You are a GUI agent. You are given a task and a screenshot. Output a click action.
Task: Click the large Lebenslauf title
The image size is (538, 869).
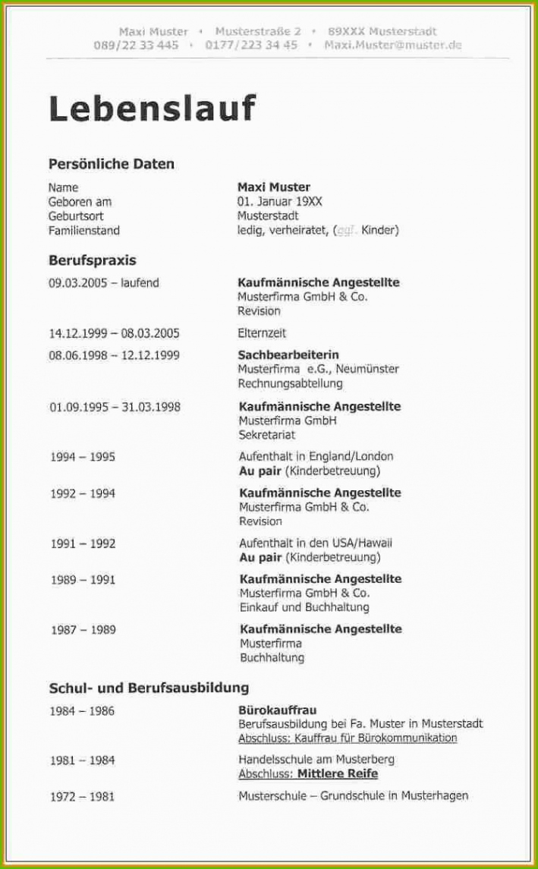pyautogui.click(x=152, y=109)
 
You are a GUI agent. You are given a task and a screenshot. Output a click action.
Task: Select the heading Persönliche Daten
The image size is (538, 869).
pyautogui.click(x=112, y=164)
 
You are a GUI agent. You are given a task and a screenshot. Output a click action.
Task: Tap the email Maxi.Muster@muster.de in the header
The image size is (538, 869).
pyautogui.click(x=392, y=45)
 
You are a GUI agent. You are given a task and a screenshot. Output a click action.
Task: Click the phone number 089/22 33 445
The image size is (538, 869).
pyautogui.click(x=137, y=45)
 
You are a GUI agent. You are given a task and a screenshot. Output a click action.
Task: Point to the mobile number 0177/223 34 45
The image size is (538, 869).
pyautogui.click(x=251, y=45)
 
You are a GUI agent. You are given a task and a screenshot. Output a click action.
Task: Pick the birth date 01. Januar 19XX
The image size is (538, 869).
pyautogui.click(x=279, y=202)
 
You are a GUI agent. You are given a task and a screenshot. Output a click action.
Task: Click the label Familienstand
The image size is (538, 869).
pyautogui.click(x=84, y=231)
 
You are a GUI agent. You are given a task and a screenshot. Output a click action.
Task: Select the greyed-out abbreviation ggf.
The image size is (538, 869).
pyautogui.click(x=347, y=231)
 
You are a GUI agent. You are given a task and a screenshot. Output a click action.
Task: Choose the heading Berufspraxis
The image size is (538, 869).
pyautogui.click(x=93, y=260)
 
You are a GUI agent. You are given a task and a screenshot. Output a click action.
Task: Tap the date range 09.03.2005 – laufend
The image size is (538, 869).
pyautogui.click(x=104, y=283)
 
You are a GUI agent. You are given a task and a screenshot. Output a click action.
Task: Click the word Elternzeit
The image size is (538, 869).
pyautogui.click(x=262, y=333)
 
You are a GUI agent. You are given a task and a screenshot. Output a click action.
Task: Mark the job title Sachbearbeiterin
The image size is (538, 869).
pyautogui.click(x=288, y=354)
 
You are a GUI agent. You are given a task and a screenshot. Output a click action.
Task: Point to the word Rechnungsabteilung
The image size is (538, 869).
pyautogui.click(x=290, y=384)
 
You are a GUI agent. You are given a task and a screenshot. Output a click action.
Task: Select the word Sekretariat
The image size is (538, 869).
pyautogui.click(x=267, y=435)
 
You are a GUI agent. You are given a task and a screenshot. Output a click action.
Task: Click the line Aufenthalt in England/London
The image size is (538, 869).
pyautogui.click(x=316, y=457)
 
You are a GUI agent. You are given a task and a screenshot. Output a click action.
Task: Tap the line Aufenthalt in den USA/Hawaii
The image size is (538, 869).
pyautogui.click(x=315, y=543)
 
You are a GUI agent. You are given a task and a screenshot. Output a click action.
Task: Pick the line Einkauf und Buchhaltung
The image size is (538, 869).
pyautogui.click(x=304, y=607)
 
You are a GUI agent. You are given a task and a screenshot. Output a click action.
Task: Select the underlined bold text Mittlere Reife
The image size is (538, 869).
pyautogui.click(x=337, y=774)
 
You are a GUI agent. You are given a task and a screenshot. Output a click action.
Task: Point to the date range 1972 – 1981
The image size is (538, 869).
pyautogui.click(x=83, y=796)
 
